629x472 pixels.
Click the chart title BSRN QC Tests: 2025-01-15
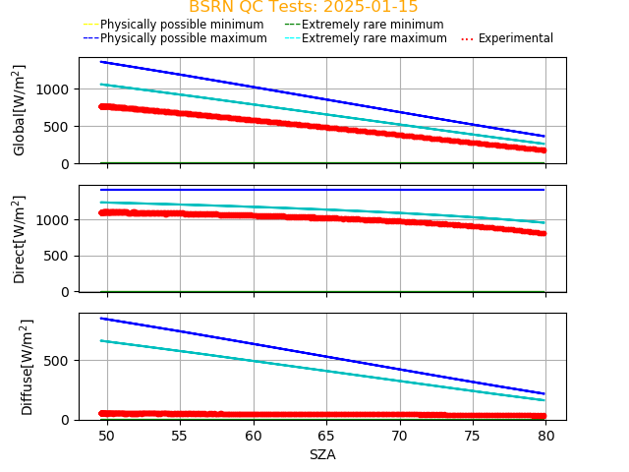pyautogui.click(x=303, y=7)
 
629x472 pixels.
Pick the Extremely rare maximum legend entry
pyautogui.click(x=373, y=38)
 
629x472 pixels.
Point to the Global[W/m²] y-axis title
pyautogui.click(x=20, y=110)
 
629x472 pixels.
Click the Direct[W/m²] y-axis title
pyautogui.click(x=20, y=239)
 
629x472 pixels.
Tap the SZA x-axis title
pyautogui.click(x=322, y=454)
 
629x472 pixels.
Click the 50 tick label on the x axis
pyautogui.click(x=106, y=436)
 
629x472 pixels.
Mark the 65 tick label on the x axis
pyautogui.click(x=326, y=436)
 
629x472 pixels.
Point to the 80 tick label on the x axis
pyautogui.click(x=546, y=436)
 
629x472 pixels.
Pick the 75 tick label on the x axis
pyautogui.click(x=473, y=436)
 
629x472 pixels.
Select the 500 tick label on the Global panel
pyautogui.click(x=57, y=127)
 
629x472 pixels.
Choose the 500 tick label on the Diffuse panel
pyautogui.click(x=57, y=361)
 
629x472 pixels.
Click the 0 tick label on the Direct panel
pyautogui.click(x=65, y=292)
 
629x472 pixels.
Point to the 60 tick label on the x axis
pyautogui.click(x=254, y=436)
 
